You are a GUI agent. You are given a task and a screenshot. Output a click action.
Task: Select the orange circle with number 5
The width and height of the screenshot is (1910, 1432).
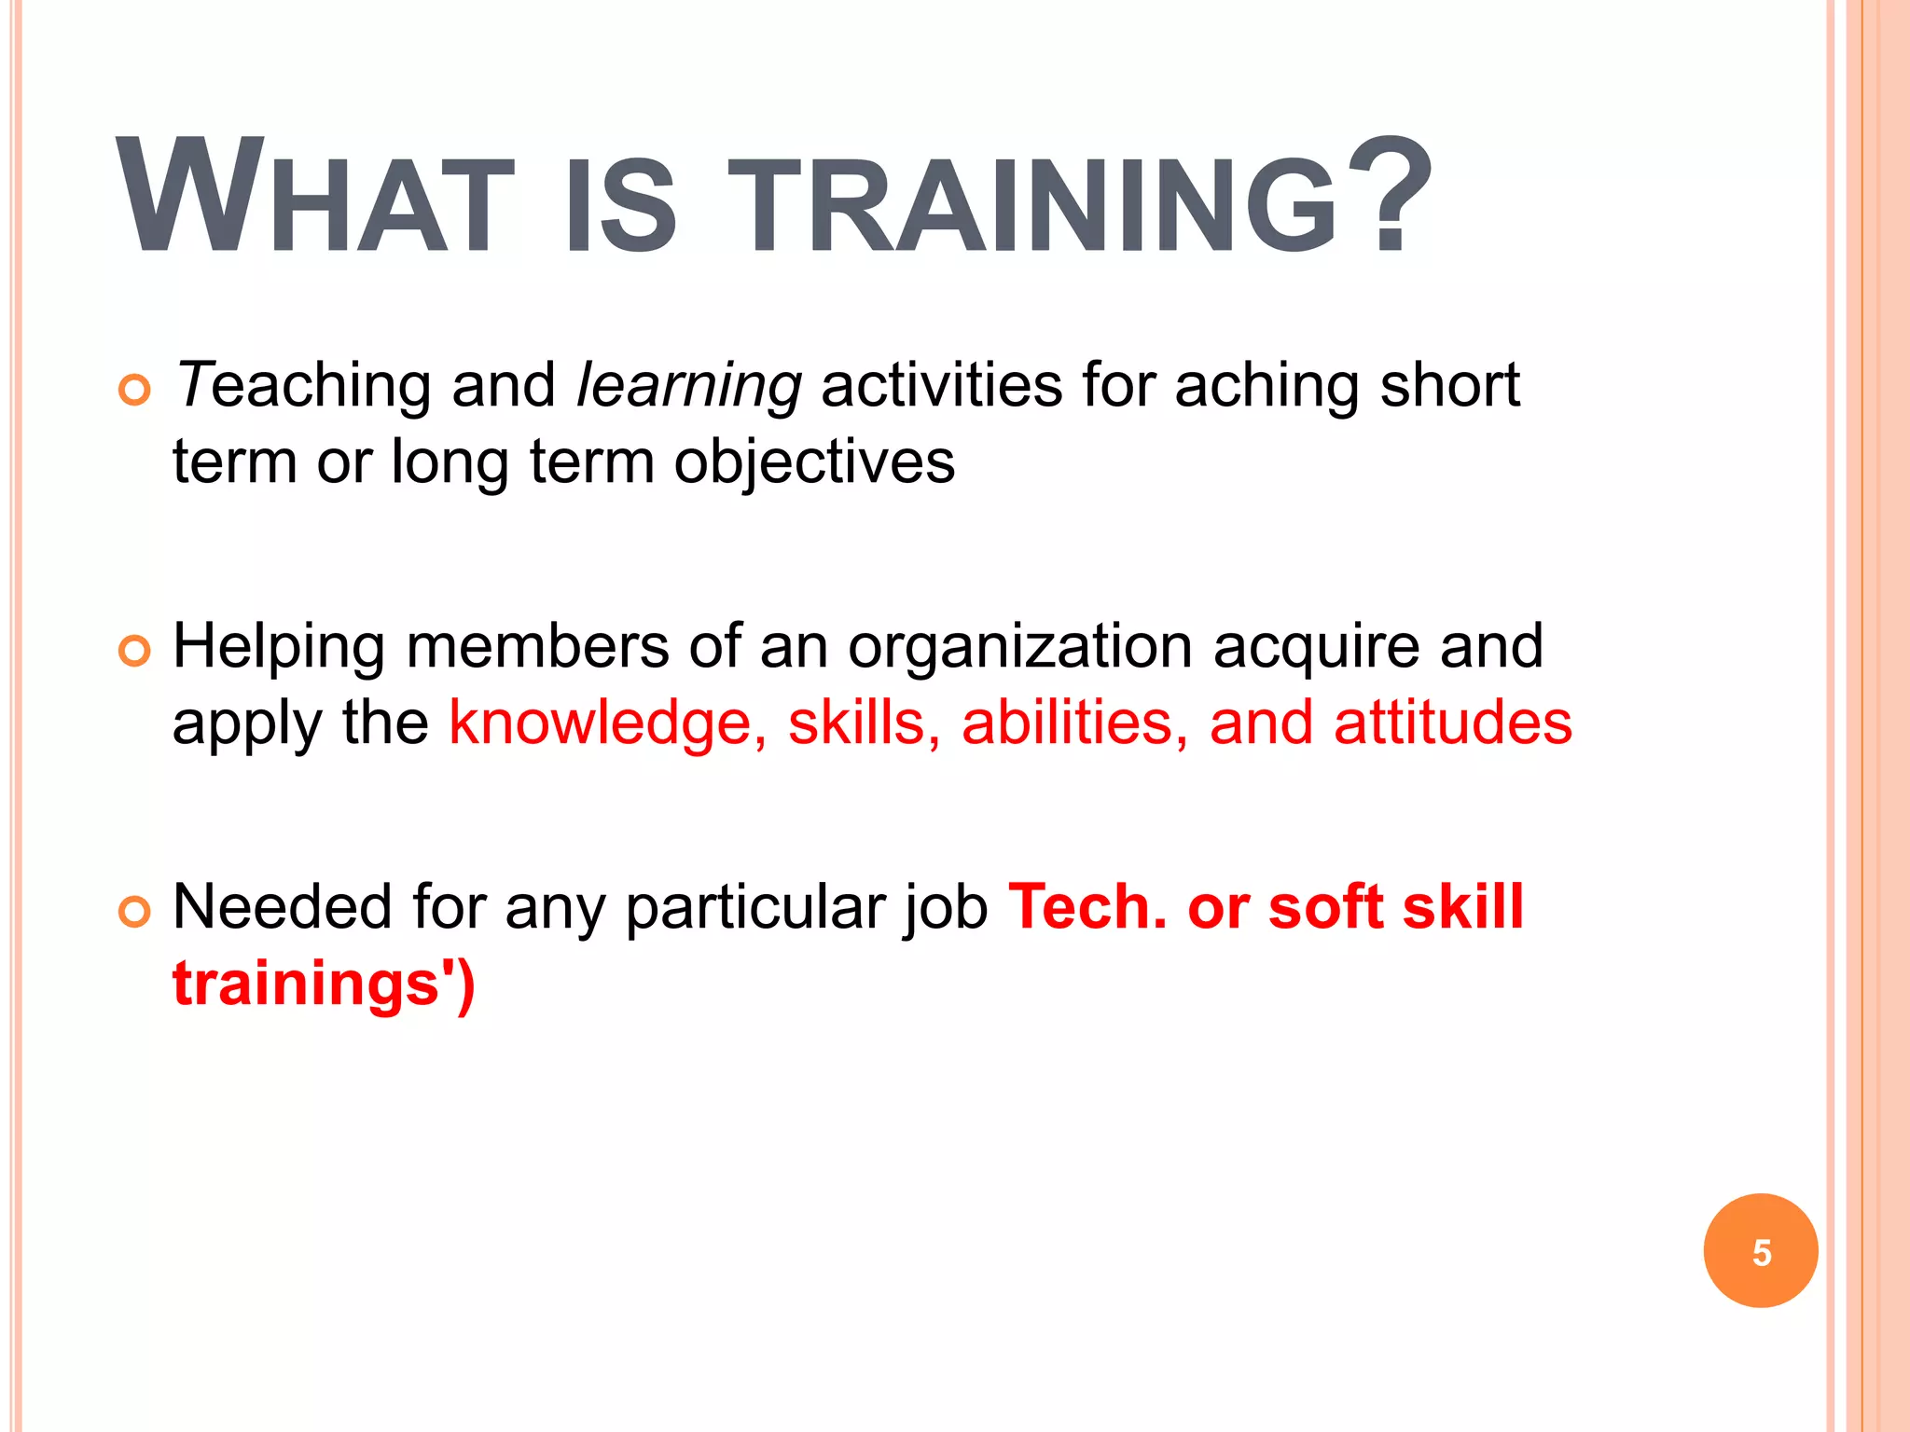(x=1760, y=1251)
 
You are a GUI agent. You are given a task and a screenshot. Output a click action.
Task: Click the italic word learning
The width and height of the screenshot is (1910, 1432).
(x=689, y=386)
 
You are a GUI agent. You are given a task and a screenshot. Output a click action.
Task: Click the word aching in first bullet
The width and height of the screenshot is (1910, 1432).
(x=1266, y=386)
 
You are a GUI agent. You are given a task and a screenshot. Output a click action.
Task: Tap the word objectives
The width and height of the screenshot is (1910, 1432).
(x=814, y=461)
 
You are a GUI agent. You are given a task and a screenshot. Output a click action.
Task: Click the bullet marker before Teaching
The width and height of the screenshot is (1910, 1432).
(x=135, y=389)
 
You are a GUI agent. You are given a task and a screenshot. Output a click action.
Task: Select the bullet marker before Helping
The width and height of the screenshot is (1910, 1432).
(x=135, y=650)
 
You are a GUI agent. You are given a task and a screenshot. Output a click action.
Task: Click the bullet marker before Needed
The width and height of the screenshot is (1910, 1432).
(x=135, y=911)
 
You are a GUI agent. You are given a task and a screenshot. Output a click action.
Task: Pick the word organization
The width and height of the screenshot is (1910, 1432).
(x=1019, y=647)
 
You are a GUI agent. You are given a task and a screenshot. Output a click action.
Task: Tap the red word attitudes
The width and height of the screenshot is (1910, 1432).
(x=1452, y=723)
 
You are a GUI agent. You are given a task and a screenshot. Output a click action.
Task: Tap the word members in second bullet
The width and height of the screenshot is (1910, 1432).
(x=537, y=647)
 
